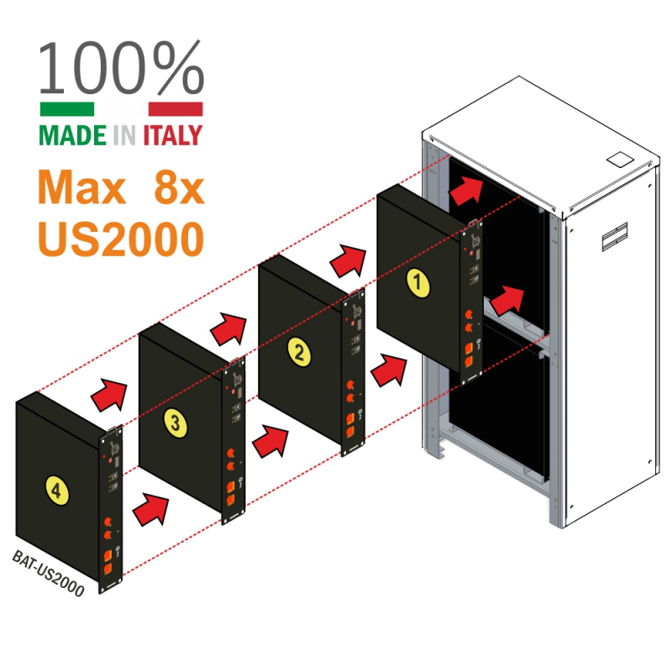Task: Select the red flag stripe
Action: pos(175,108)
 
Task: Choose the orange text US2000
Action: pos(121,239)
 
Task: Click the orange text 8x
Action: pos(179,189)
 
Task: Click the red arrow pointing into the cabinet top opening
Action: pos(467,192)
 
